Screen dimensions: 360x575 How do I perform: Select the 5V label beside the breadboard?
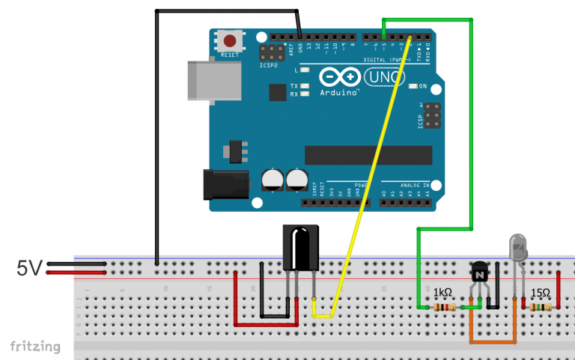click(31, 268)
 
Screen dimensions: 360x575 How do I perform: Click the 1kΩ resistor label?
click(443, 293)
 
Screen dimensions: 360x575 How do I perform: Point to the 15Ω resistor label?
click(541, 293)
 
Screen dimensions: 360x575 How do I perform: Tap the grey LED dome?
click(518, 246)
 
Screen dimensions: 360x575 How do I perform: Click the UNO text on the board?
click(384, 76)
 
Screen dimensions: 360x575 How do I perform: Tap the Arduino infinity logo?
click(339, 76)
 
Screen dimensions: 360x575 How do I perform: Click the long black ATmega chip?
click(368, 155)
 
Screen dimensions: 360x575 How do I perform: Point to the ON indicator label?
click(423, 86)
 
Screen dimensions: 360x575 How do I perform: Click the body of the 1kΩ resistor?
click(445, 307)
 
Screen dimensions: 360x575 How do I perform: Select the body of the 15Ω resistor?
click(541, 307)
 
